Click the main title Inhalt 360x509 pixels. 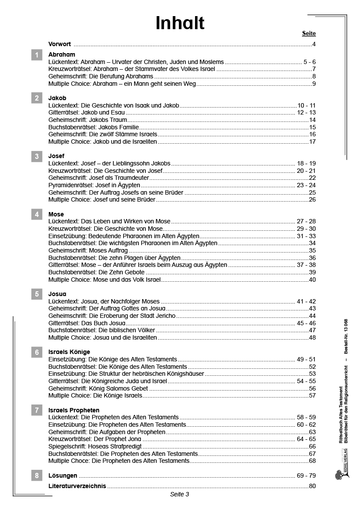click(x=180, y=23)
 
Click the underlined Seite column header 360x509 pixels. click(x=309, y=34)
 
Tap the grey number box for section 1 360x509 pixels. click(x=37, y=55)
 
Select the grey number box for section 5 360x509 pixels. click(x=37, y=294)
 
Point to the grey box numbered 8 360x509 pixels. click(x=37, y=475)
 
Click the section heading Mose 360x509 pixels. click(x=56, y=214)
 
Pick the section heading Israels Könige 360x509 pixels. click(x=69, y=352)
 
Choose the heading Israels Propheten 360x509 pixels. click(x=74, y=410)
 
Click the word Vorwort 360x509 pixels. click(x=60, y=44)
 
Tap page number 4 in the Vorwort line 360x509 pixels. click(x=314, y=44)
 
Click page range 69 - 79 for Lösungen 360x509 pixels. click(x=306, y=475)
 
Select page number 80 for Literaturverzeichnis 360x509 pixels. click(x=312, y=486)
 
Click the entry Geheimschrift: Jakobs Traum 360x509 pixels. click(x=87, y=120)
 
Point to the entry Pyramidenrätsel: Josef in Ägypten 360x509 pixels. click(x=94, y=185)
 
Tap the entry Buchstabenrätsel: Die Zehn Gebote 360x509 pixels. click(x=96, y=272)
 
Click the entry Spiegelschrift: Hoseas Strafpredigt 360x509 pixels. click(x=95, y=446)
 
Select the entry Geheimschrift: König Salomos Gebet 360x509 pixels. click(x=98, y=388)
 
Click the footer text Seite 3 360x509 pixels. click(x=179, y=494)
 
